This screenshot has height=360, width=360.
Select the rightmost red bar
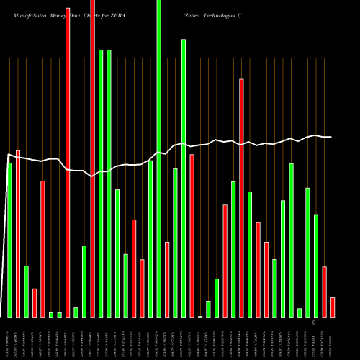(333, 307)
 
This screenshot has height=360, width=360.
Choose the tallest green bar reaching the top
(159, 158)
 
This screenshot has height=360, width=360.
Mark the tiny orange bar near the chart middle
(200, 316)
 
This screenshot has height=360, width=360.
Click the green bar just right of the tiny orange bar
(208, 309)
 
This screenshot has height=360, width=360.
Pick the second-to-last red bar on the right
(324, 292)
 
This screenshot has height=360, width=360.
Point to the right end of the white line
(331, 137)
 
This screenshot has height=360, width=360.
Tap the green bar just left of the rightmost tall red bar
(233, 249)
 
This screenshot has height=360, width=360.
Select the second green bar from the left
(26, 291)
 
